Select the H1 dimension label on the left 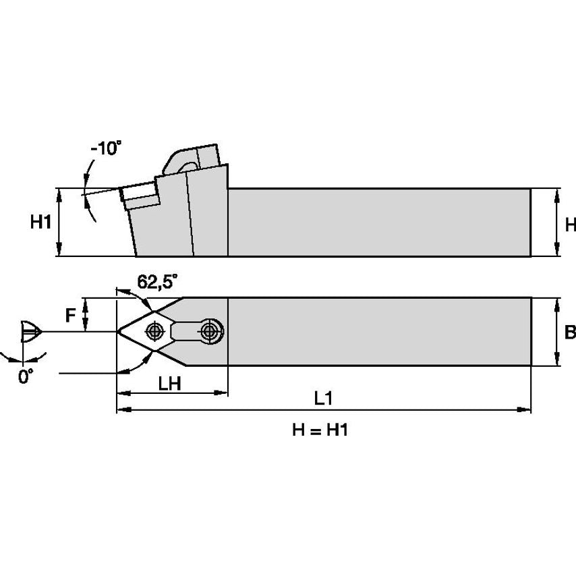click(x=41, y=222)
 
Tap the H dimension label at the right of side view click(x=571, y=225)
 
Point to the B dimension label click(x=570, y=332)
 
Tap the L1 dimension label click(x=324, y=399)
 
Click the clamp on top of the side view click(x=192, y=159)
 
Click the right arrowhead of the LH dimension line click(x=223, y=393)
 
